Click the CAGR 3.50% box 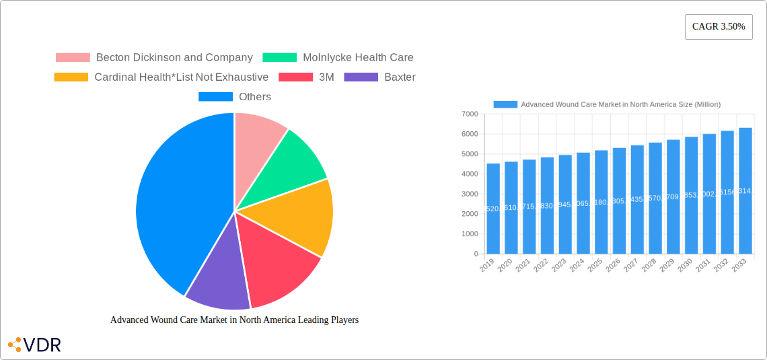pyautogui.click(x=718, y=27)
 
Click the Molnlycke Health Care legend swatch pyautogui.click(x=279, y=58)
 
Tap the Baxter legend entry pyautogui.click(x=380, y=77)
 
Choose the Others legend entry pyautogui.click(x=235, y=97)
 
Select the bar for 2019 pyautogui.click(x=493, y=209)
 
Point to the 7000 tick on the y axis pyautogui.click(x=470, y=114)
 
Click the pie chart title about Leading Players pyautogui.click(x=234, y=320)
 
